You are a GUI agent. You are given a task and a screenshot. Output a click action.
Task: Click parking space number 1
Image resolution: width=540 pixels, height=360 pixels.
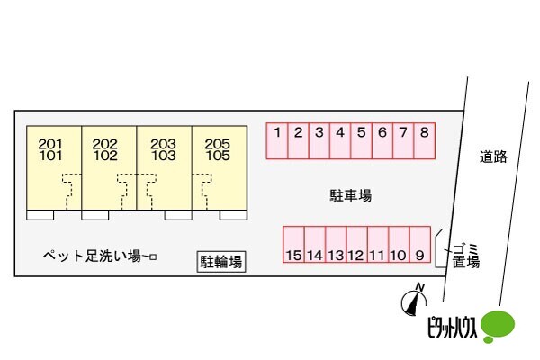coord(277,141)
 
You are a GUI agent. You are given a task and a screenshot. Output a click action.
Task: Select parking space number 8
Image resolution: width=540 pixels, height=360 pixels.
coord(424,141)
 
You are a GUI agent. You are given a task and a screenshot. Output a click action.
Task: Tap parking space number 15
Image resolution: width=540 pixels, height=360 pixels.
coord(293,245)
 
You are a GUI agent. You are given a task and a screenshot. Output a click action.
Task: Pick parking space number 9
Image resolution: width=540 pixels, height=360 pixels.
coord(420,245)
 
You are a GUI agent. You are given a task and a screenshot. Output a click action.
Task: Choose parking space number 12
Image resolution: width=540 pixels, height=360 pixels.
coord(357,245)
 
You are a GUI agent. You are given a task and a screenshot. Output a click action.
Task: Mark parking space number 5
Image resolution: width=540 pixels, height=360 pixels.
coord(361,141)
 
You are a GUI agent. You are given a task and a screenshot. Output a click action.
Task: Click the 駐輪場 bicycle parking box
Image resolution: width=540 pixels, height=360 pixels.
coord(221,262)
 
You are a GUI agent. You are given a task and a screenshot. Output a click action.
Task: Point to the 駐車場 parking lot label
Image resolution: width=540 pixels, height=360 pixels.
coord(351,195)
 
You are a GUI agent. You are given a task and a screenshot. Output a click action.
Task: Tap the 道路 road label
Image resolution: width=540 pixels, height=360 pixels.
coord(493,157)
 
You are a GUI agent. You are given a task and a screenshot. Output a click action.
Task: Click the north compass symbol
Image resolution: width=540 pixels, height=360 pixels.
coord(414,301)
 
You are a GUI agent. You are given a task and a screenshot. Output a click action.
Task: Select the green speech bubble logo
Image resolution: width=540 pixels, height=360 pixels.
coord(498,326)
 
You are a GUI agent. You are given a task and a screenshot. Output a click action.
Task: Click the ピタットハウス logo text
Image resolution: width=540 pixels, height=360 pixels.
coord(452,327)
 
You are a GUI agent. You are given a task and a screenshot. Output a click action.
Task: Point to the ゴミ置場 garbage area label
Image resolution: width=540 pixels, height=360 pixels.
coord(466,256)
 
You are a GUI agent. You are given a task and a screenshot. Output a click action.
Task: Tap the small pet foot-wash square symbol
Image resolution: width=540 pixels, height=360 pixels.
coord(153,257)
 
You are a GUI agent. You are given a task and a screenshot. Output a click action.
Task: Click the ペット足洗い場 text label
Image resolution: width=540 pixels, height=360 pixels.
coord(92,256)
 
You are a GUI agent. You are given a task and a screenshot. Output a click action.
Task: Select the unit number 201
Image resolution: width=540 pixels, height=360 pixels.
coord(50,143)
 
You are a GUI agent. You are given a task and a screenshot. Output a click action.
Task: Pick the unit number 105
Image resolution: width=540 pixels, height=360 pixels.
coord(218,156)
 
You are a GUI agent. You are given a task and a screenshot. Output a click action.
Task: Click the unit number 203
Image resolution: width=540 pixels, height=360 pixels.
coord(163,143)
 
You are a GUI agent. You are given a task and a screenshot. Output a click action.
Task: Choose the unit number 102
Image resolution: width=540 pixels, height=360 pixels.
coord(105,156)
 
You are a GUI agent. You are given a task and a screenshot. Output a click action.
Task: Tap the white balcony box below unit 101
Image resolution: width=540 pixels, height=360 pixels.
coord(40,215)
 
